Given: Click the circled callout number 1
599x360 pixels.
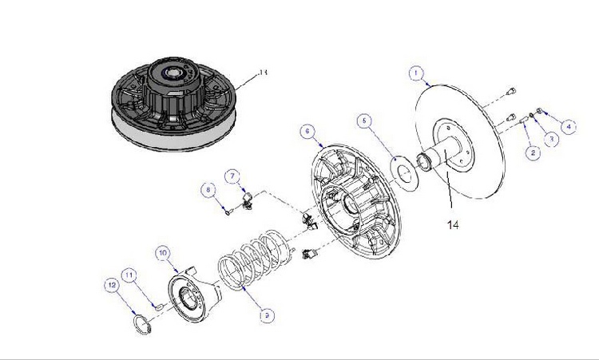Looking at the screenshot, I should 415,73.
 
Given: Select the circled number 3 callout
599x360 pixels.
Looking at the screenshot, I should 549,139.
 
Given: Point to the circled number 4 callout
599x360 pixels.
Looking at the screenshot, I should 569,126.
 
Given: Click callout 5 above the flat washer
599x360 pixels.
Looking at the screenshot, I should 363,121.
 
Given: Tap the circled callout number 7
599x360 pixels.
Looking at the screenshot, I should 232,175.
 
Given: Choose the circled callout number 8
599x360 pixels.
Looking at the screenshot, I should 208,190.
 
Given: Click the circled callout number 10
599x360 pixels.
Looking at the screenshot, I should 162,253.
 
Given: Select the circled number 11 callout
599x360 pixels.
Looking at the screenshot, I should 129,275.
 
